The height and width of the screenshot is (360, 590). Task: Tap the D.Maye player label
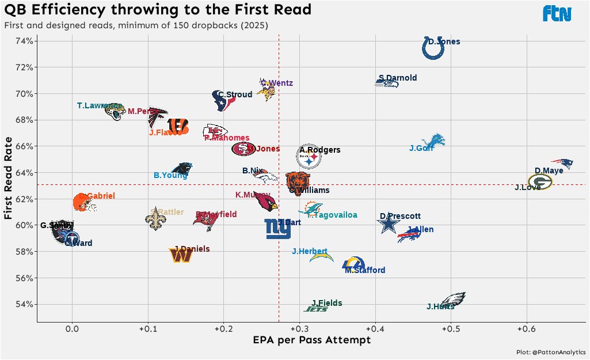(x=549, y=170)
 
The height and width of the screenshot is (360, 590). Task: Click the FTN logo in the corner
(x=557, y=13)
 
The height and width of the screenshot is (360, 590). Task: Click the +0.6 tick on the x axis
(x=526, y=329)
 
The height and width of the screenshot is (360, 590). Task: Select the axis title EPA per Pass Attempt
(x=311, y=340)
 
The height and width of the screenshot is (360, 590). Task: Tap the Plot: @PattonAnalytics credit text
(x=551, y=352)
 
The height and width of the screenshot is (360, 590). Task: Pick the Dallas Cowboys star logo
(x=390, y=224)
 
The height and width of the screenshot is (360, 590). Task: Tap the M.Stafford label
(x=365, y=270)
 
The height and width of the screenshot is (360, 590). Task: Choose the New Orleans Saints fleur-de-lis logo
(x=154, y=220)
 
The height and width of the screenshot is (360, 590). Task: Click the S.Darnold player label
(x=397, y=78)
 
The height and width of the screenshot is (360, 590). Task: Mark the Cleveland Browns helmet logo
(x=83, y=203)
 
